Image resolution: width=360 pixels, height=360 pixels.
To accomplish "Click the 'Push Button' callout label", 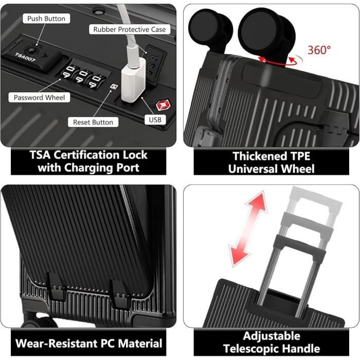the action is [46, 19].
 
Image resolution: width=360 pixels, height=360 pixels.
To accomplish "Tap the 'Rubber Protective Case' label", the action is [130, 29].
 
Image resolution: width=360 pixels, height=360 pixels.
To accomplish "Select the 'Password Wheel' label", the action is [39, 97].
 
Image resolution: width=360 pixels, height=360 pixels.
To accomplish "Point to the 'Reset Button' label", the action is [93, 122].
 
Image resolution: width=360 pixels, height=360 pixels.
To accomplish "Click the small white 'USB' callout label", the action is [155, 120].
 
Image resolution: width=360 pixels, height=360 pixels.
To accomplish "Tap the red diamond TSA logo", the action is [163, 105].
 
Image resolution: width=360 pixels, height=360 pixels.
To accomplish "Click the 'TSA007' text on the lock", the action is [25, 58].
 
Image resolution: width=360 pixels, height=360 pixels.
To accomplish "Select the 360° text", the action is [319, 50].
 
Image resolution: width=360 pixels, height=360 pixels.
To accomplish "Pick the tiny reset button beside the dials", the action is [114, 86].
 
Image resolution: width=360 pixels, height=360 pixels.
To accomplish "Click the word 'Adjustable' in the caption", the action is [272, 336].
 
